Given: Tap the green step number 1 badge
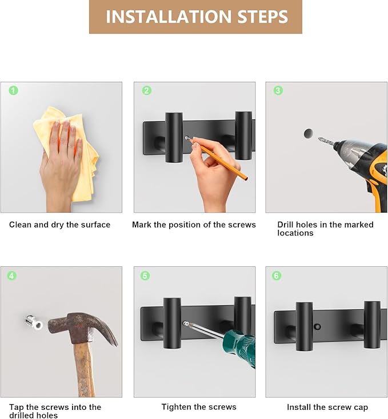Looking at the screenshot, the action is pos(13,90).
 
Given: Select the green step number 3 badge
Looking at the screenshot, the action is pos(278,90).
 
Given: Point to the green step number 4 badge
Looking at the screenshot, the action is pos(11,276).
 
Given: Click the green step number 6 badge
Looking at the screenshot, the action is pos(277,276).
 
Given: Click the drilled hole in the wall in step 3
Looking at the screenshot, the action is pos(309,133).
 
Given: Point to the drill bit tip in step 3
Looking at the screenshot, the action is pos(318,138).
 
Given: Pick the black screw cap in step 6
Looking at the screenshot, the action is pos(317,326).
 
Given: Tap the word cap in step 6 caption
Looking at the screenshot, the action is pos(361,408).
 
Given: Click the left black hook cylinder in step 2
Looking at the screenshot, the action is pos(174,138).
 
